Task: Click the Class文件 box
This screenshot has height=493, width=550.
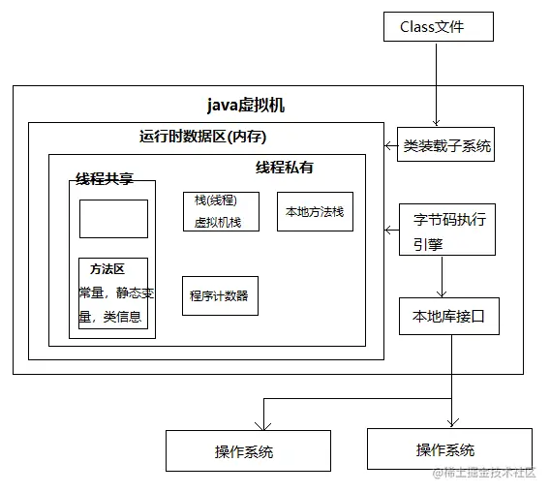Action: (x=431, y=26)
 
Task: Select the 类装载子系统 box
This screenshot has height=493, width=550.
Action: (x=447, y=147)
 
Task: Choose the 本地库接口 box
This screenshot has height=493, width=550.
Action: (x=448, y=316)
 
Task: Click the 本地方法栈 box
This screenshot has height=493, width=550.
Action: (x=314, y=211)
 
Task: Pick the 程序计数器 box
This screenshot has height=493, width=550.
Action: (x=219, y=295)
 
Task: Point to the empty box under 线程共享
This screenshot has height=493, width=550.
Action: (x=113, y=219)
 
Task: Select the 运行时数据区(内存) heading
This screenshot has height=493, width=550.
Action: (x=203, y=137)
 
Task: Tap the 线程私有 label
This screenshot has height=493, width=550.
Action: (x=284, y=168)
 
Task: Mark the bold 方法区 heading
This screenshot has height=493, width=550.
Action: (x=107, y=268)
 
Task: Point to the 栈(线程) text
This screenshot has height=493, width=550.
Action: (x=215, y=200)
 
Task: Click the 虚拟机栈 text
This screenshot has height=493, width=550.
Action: (x=218, y=223)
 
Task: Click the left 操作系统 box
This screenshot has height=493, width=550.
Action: (x=244, y=451)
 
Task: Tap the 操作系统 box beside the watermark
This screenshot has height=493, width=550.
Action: (x=445, y=449)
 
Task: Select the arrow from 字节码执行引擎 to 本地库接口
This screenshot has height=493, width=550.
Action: (x=443, y=277)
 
